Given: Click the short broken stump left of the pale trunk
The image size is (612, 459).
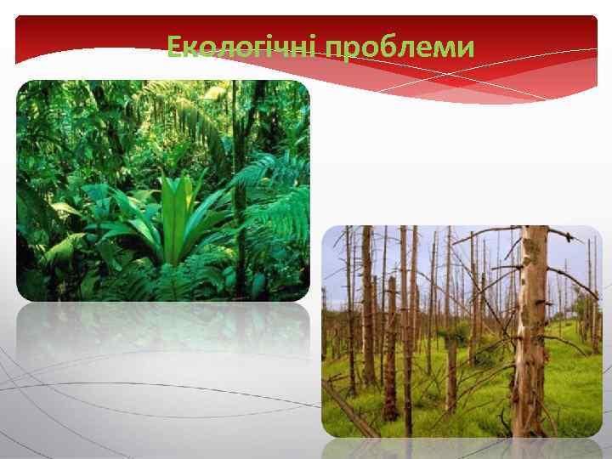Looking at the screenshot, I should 451,374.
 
